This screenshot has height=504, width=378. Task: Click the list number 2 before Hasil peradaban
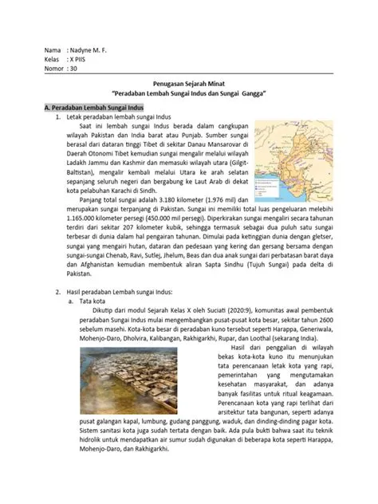click(57, 282)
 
